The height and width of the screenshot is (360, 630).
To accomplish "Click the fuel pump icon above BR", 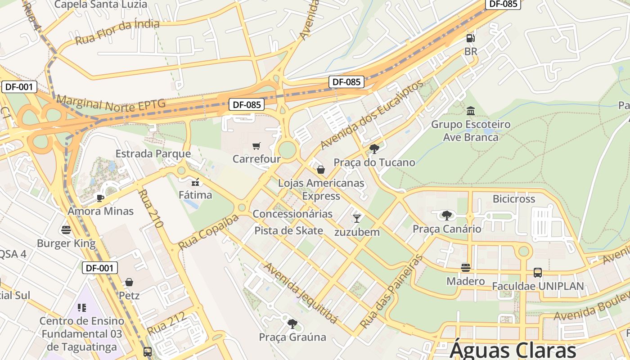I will tap(470, 39).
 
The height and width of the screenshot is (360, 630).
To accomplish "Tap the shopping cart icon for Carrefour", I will tap(256, 146).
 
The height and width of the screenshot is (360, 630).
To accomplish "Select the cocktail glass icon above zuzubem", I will tap(357, 219).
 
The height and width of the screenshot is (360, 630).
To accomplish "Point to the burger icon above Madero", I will tap(466, 268).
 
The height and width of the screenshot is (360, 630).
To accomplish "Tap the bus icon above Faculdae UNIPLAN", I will tap(538, 272).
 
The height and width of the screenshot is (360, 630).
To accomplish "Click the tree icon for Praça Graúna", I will tap(292, 324).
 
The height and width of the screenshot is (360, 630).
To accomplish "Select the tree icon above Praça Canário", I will tap(446, 216).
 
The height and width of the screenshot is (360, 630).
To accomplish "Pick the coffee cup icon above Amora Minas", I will tap(100, 198).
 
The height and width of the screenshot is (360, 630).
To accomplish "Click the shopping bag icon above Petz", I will tap(129, 282).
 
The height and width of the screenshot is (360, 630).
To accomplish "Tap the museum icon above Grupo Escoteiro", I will tap(471, 111).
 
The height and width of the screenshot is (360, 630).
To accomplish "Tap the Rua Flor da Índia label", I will tap(117, 32).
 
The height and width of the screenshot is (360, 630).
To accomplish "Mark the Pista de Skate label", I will tap(288, 231).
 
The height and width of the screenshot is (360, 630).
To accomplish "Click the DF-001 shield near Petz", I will tap(100, 268).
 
